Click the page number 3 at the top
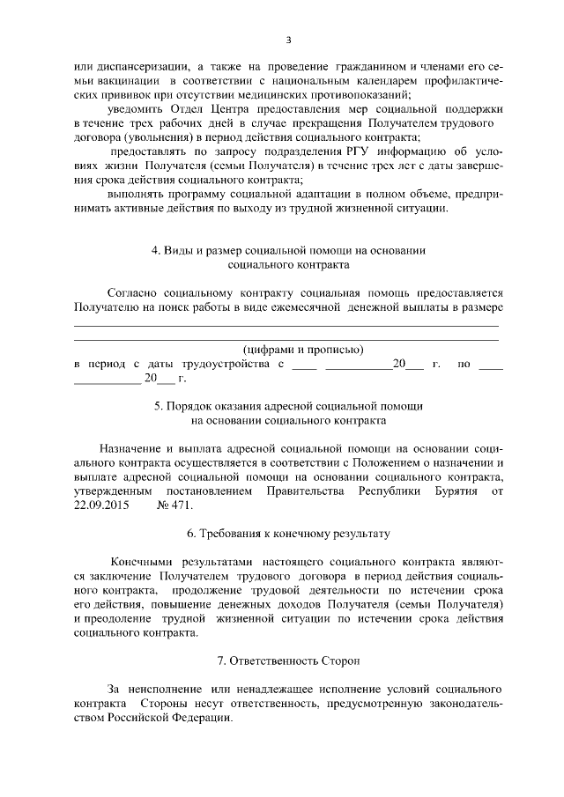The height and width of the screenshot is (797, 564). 288,40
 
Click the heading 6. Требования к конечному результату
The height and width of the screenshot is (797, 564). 288,534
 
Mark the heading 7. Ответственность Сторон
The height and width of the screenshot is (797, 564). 288,660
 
